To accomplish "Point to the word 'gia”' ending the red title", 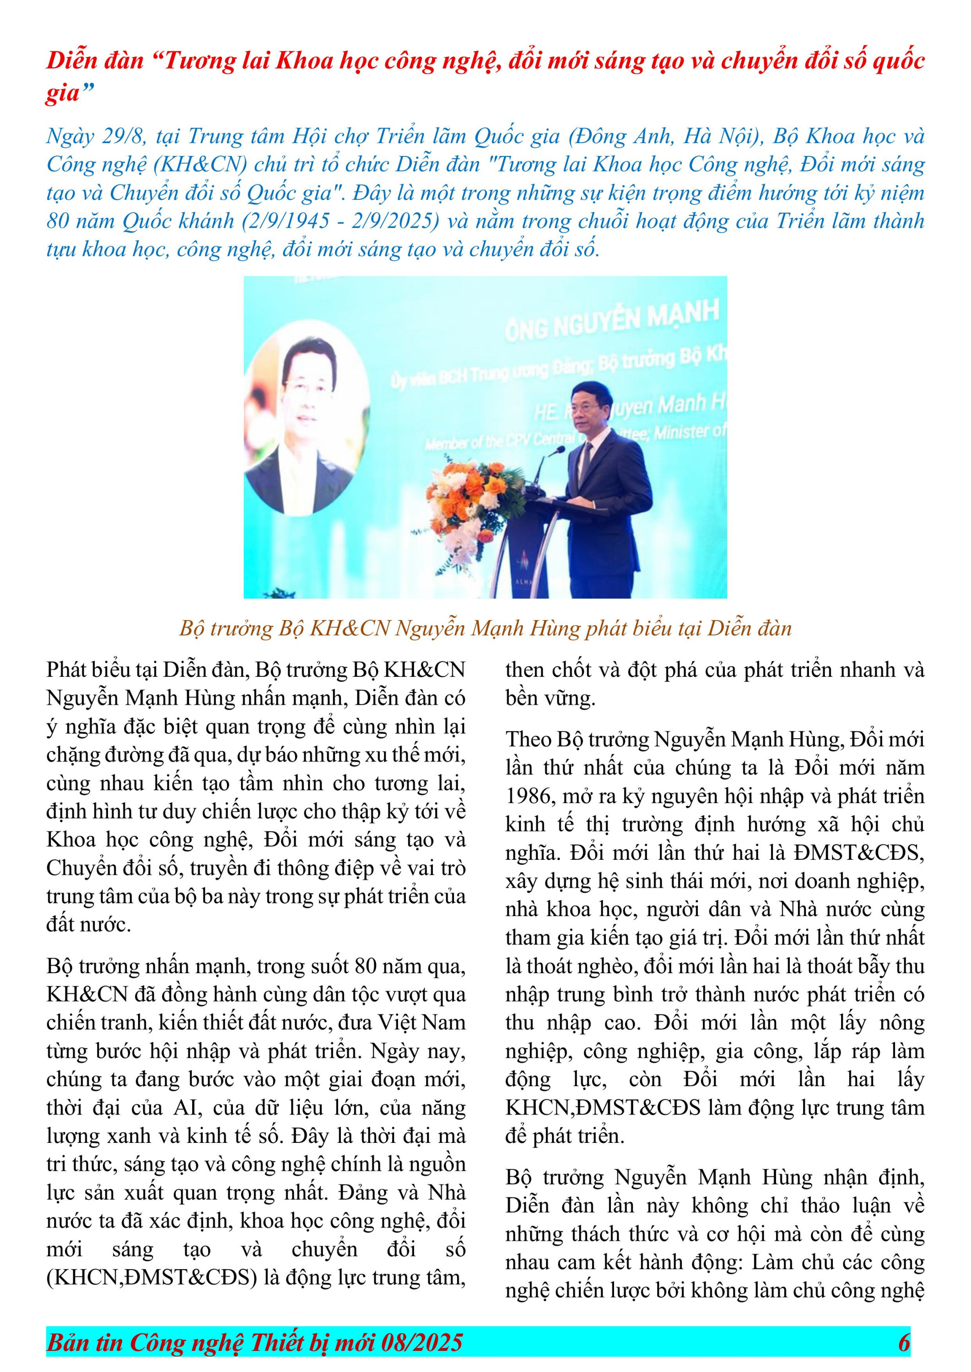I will pyautogui.click(x=70, y=93).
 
